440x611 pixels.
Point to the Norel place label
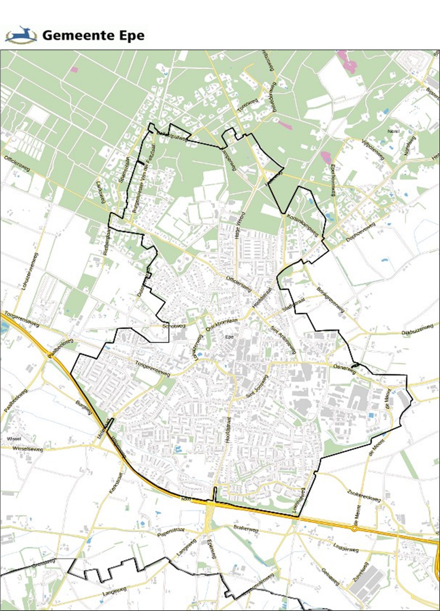point(394,131)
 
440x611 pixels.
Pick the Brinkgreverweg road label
point(330,300)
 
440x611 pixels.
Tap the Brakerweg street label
point(246,528)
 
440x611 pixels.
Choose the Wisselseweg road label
point(28,449)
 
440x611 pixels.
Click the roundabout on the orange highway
point(355,529)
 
